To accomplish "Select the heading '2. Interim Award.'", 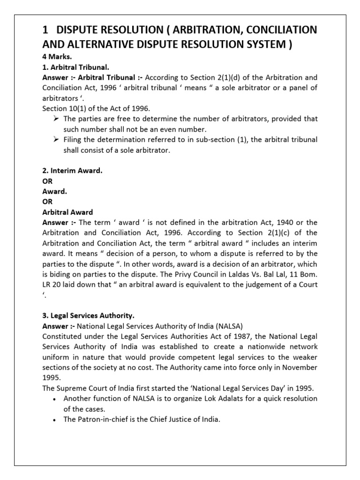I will coord(72,171).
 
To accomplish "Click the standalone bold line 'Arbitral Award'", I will coord(67,212).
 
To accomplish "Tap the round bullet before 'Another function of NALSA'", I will coord(56,398).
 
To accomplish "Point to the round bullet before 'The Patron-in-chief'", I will coord(56,419).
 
